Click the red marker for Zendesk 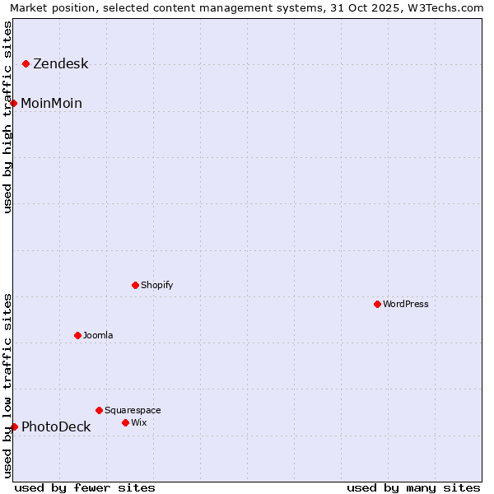pos(26,63)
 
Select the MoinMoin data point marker pos(14,103)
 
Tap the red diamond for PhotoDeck pos(14,426)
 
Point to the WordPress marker pos(378,304)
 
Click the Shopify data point pos(136,285)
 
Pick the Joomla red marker pos(78,335)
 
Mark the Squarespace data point pos(100,410)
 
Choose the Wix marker pos(126,422)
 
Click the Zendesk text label pos(60,64)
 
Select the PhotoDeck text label pos(56,427)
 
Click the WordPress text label pos(406,305)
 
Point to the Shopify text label pos(157,286)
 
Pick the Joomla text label pos(98,336)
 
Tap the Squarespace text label pos(133,411)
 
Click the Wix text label pos(139,423)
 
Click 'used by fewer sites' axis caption pos(85,487)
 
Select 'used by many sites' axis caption pos(413,487)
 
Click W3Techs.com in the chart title pos(448,7)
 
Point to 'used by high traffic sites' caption pos(7,117)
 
